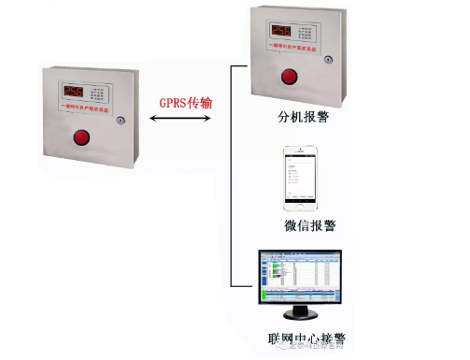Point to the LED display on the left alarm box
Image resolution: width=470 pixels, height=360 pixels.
(75, 92)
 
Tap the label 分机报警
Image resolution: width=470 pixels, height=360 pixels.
(302, 119)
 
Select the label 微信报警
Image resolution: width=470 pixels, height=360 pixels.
(311, 224)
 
